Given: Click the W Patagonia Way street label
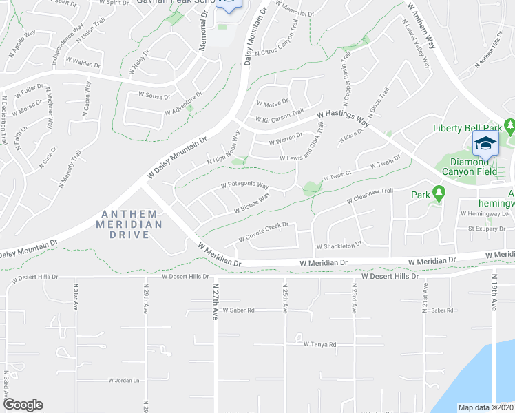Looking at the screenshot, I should [x=244, y=185].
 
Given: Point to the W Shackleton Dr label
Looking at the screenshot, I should [x=339, y=246].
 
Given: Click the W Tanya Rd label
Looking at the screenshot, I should [x=319, y=344].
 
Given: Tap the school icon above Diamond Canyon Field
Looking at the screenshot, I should [x=485, y=144].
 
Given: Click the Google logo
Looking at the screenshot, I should [x=23, y=405].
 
